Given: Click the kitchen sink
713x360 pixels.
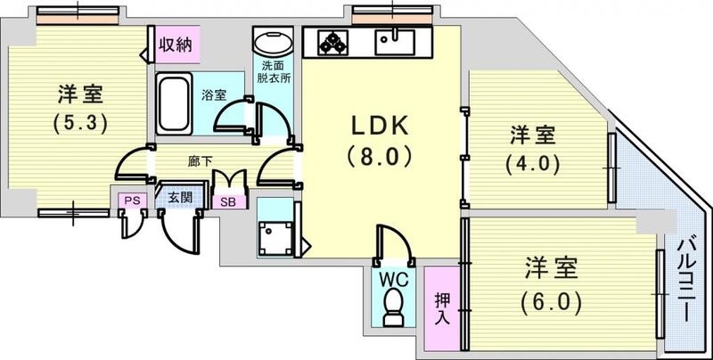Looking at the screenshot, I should tap(392, 42).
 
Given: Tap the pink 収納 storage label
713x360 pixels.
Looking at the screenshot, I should tap(176, 45).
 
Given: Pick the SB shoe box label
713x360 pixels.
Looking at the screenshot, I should tap(229, 201).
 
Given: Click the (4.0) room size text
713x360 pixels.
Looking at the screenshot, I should tap(533, 165).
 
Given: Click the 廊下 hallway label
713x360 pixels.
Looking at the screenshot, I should tap(200, 161).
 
